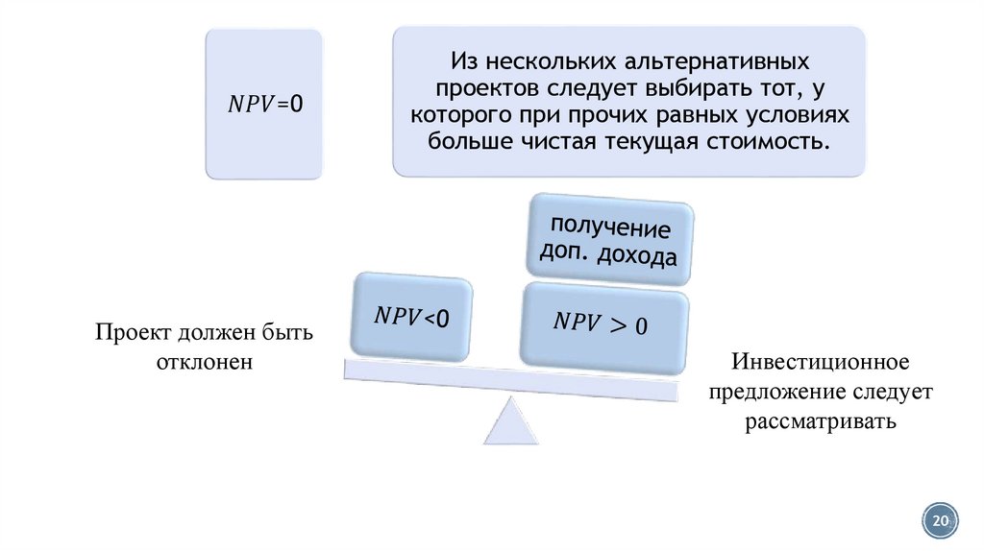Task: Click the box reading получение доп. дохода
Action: pos(607,242)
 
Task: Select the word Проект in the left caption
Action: pos(132,333)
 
